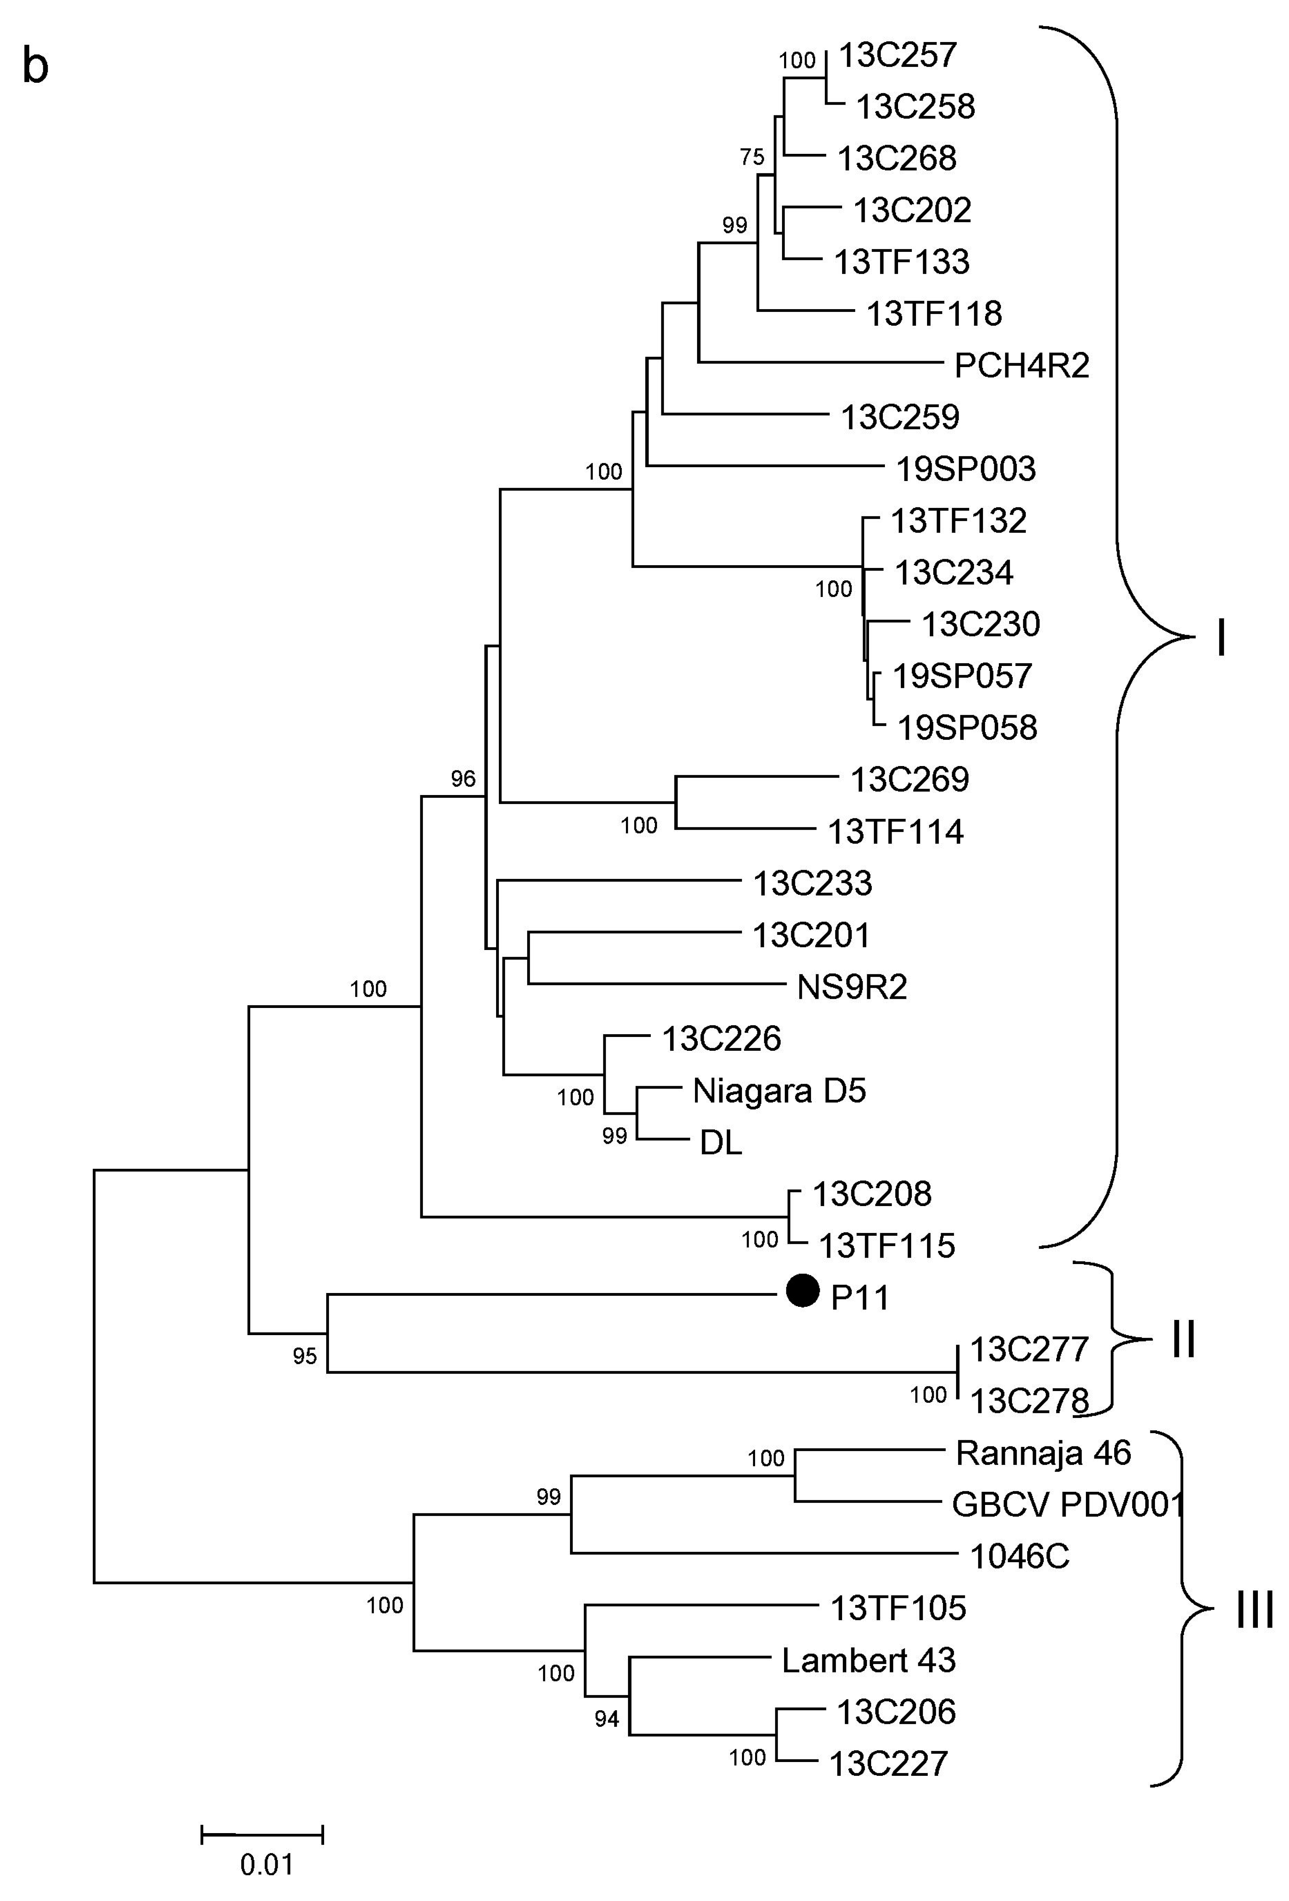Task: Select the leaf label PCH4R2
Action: click(1022, 366)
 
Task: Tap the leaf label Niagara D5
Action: click(779, 1090)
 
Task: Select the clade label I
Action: click(1221, 638)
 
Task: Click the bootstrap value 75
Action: click(752, 157)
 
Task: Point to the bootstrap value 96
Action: click(463, 779)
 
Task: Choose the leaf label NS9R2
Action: click(852, 987)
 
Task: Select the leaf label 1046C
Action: click(1020, 1557)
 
